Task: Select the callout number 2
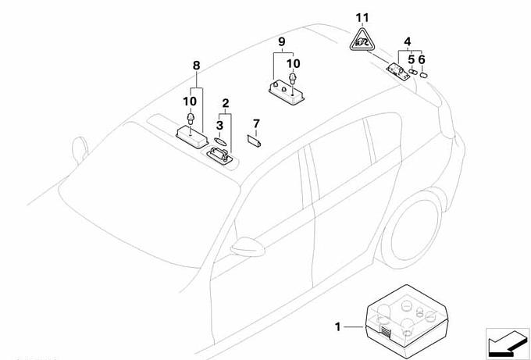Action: (x=226, y=102)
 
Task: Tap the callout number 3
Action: (x=220, y=124)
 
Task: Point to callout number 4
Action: (x=407, y=41)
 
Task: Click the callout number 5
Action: (x=411, y=59)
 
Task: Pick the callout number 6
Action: (x=422, y=59)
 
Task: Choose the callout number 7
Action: (x=255, y=123)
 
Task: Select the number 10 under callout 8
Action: (x=189, y=102)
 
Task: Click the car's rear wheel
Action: (x=413, y=228)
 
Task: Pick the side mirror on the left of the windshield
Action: (x=78, y=148)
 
